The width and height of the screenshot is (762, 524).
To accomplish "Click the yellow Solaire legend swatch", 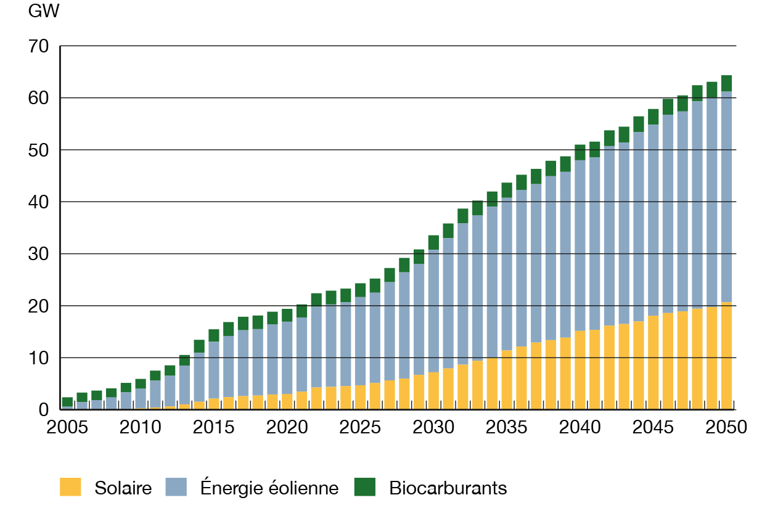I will tap(70, 487).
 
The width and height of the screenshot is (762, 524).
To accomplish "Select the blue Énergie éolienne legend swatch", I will tap(176, 487).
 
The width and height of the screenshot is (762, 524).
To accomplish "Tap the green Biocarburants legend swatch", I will tap(364, 487).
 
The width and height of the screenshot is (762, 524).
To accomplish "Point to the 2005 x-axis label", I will tap(67, 427).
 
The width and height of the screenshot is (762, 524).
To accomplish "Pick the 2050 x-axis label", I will tap(726, 427).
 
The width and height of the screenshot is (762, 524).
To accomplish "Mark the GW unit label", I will tap(44, 12).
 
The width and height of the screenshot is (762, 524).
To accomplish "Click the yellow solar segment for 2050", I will tap(726, 356).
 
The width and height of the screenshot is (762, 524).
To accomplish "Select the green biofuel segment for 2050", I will tap(726, 83).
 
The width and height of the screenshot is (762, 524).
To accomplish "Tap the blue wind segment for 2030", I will tap(433, 311).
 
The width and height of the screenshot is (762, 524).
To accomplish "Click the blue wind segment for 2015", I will tap(214, 370).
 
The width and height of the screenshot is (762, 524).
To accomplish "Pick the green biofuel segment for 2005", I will tap(67, 402).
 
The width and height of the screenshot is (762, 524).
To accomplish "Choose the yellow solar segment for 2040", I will tap(580, 370).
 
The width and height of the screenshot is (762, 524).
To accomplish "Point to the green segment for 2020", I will tap(287, 315).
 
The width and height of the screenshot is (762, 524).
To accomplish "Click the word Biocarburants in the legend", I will tap(448, 488).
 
